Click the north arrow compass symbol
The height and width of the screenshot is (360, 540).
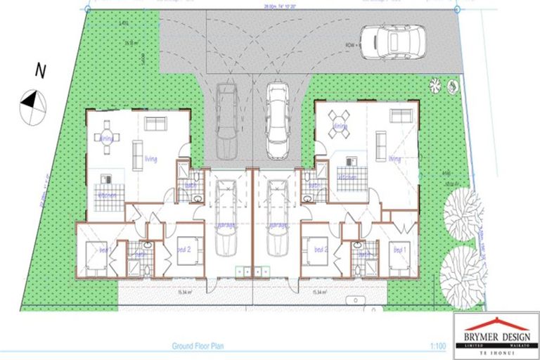pos(31,101)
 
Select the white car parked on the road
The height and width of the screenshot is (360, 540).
pos(392,44)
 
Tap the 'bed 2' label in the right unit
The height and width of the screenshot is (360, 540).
pos(321,248)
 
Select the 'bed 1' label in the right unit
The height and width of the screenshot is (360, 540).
pos(399,249)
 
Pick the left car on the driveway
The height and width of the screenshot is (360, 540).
pos(226,121)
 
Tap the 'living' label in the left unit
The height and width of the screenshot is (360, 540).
pos(151,159)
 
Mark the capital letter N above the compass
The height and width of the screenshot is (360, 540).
pos(41,70)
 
